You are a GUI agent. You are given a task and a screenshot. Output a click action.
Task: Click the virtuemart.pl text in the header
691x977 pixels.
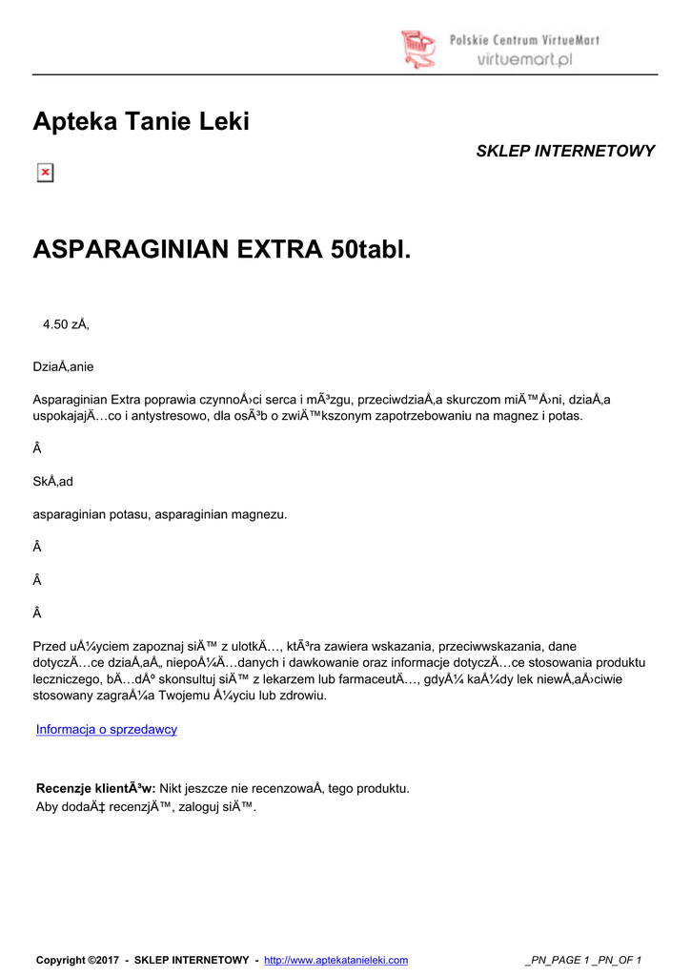(523, 58)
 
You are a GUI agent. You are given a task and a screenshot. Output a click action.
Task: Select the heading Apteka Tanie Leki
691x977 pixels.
(141, 122)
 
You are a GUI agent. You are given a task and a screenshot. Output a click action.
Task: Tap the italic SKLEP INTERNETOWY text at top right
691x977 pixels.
(565, 151)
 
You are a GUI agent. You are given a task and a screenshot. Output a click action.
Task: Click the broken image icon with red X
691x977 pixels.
(45, 173)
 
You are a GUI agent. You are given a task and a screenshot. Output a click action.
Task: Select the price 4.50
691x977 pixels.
(55, 324)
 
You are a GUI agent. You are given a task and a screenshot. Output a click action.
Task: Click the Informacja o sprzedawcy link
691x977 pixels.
(107, 730)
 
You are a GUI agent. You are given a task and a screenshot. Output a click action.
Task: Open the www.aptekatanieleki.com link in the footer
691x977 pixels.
(335, 960)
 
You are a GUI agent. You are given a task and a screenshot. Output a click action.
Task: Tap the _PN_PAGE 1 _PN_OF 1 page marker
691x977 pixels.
(583, 960)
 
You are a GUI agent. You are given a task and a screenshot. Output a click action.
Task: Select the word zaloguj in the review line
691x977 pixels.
(208, 807)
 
